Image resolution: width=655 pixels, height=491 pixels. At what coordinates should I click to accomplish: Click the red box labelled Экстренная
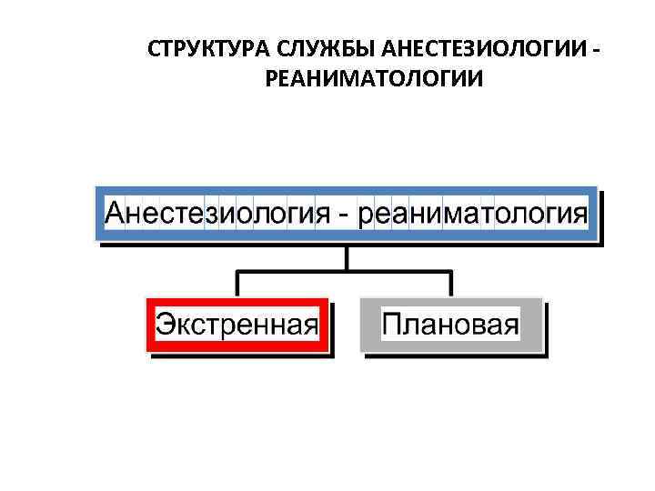237,325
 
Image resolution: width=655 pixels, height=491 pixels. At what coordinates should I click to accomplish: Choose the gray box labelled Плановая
451,325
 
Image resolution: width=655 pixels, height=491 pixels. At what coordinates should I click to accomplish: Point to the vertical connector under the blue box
346,256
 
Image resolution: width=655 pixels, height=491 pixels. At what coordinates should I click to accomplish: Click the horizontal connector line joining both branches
346,271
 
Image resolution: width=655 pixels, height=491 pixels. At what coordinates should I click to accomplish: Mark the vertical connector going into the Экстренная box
237,284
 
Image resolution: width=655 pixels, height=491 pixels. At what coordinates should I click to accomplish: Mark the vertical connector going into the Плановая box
452,284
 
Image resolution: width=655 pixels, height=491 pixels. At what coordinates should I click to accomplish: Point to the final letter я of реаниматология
579,218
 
